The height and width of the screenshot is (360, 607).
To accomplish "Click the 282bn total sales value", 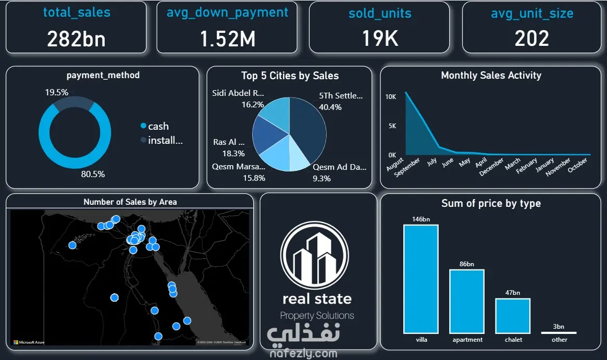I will pyautogui.click(x=76, y=39).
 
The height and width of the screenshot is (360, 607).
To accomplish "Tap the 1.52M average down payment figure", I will pyautogui.click(x=227, y=39).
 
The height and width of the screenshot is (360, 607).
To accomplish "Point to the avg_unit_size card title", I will pyautogui.click(x=531, y=14).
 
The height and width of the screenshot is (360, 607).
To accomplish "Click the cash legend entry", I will pyautogui.click(x=158, y=126).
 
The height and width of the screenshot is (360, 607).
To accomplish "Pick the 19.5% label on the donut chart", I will pyautogui.click(x=56, y=92).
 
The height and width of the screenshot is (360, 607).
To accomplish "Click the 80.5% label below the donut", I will pyautogui.click(x=93, y=174).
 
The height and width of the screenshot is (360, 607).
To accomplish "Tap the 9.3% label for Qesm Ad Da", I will pyautogui.click(x=321, y=178).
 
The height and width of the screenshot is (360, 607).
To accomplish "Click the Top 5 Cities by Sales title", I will pyautogui.click(x=290, y=76).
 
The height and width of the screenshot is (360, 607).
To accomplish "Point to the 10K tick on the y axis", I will pyautogui.click(x=391, y=97).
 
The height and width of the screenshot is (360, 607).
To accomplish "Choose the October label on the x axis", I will pyautogui.click(x=577, y=165).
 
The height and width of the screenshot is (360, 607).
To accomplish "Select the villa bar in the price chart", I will pyautogui.click(x=421, y=279).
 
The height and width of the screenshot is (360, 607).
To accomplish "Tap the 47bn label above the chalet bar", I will pyautogui.click(x=513, y=293).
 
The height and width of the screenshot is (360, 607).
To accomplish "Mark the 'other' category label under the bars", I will pyautogui.click(x=560, y=340).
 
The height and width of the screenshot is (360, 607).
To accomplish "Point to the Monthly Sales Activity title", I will pyautogui.click(x=491, y=76).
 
